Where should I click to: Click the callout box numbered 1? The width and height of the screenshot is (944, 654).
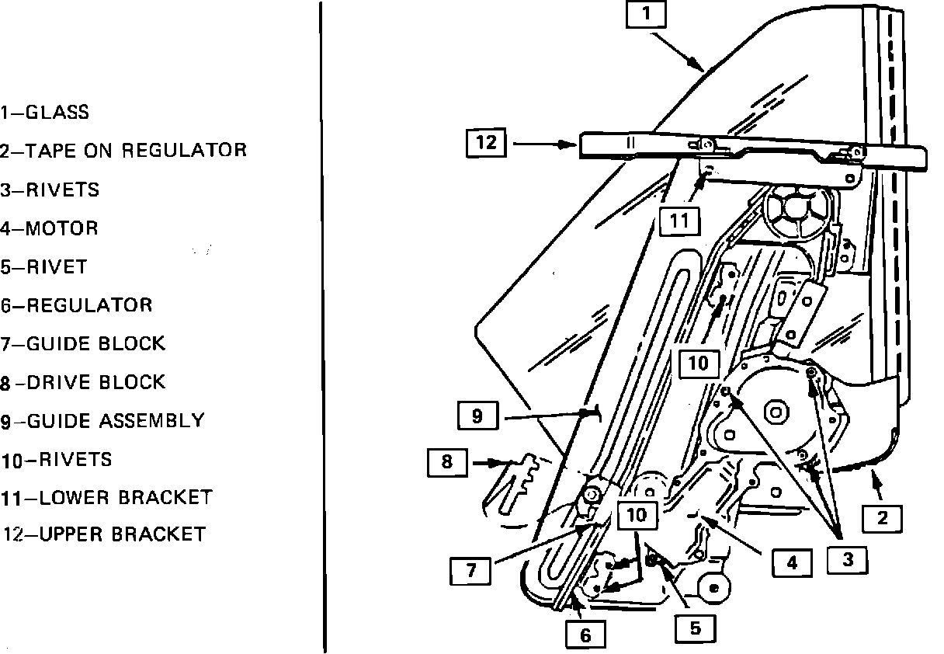click(647, 16)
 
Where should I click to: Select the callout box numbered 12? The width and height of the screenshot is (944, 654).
click(486, 143)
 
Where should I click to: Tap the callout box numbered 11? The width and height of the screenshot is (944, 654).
click(679, 221)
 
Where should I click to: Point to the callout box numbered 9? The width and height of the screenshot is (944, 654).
click(477, 416)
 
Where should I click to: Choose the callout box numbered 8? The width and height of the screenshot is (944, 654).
click(447, 463)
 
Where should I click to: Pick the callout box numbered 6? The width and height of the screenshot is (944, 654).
click(585, 635)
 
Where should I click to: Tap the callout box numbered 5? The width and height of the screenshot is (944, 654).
click(695, 628)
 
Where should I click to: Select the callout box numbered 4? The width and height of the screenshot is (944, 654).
click(791, 562)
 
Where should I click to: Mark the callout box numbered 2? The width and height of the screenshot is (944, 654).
click(882, 517)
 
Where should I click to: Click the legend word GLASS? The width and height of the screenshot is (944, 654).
click(57, 113)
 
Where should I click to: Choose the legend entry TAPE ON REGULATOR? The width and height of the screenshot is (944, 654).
click(136, 151)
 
